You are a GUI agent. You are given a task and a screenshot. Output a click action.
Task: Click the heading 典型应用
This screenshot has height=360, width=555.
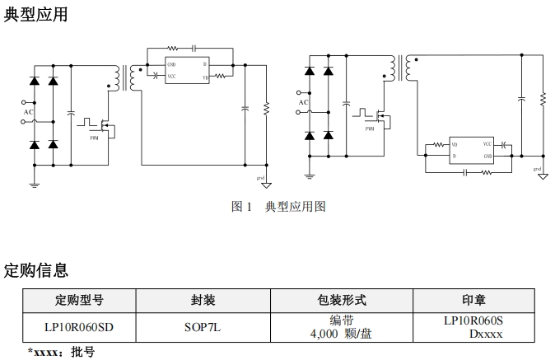tap(36, 14)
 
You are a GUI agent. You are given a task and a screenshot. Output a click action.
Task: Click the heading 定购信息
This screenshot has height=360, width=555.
tap(36, 270)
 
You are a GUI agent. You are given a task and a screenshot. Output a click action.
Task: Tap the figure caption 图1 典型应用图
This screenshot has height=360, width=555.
tap(278, 207)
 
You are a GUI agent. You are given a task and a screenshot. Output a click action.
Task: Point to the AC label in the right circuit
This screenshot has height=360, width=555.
tap(304, 102)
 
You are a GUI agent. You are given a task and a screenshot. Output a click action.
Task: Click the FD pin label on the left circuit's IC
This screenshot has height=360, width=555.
tap(205, 77)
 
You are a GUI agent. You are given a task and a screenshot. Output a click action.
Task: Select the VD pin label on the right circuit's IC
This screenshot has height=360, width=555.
tap(455, 144)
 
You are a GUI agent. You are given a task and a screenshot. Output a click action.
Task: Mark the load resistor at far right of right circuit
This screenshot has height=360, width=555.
tap(543, 99)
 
